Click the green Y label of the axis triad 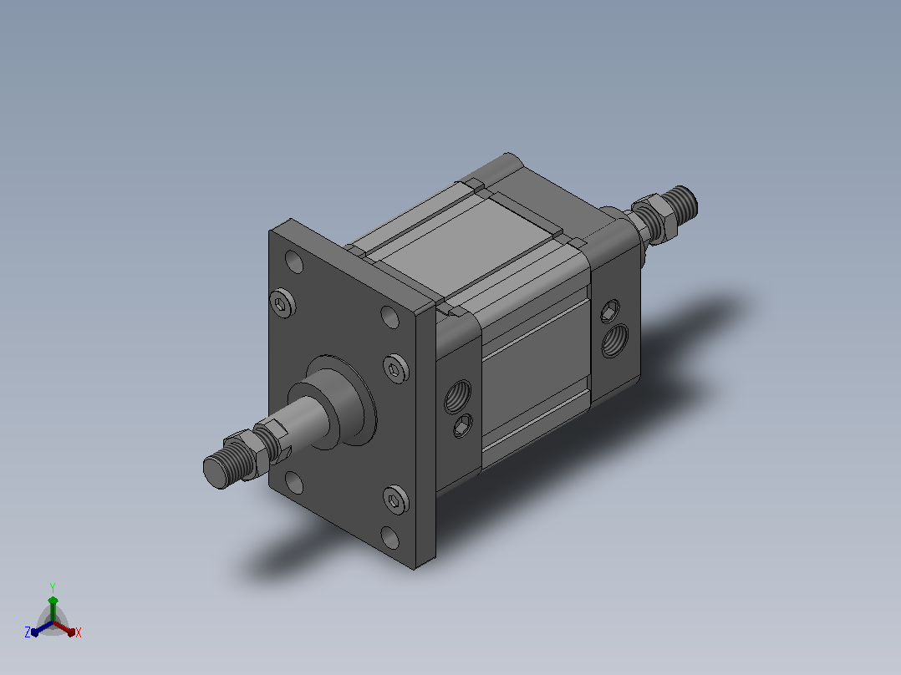click(x=53, y=587)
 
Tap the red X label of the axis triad click(x=79, y=632)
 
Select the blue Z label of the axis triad click(x=27, y=632)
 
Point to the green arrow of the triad click(x=53, y=608)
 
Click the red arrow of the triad click(x=64, y=628)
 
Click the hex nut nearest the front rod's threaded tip click(x=243, y=454)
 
